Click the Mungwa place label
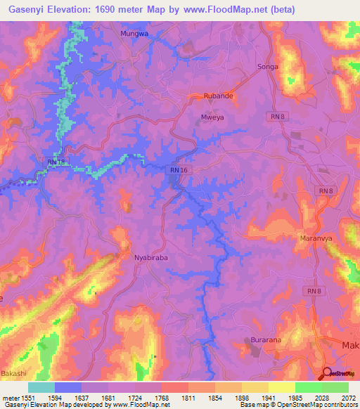click(134, 33)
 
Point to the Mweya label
click(212, 118)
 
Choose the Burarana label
click(265, 341)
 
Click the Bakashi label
click(14, 372)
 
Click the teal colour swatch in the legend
click(41, 387)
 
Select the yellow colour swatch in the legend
click(281, 387)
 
